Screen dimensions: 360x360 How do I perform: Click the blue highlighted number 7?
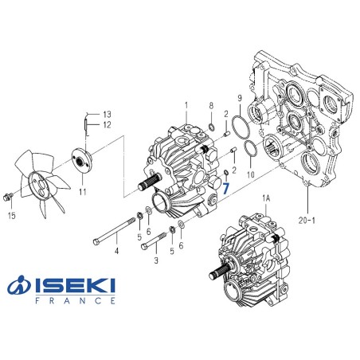(x=226, y=188)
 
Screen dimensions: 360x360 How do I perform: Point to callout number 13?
(x=108, y=114)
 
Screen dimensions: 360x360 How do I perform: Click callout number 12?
(x=108, y=124)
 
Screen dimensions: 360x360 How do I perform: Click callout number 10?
(x=251, y=174)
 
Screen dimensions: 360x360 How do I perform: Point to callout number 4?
(x=115, y=252)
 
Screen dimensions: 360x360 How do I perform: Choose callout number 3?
(x=156, y=260)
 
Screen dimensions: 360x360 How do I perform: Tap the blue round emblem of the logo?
(x=19, y=288)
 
